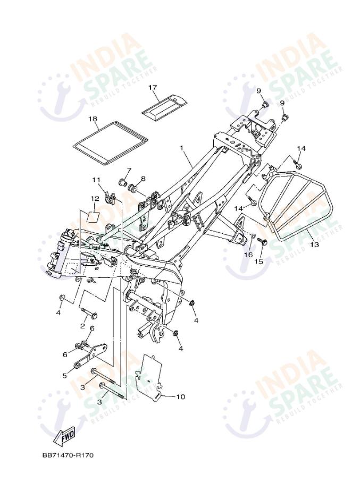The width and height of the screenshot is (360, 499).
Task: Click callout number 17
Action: (153, 87)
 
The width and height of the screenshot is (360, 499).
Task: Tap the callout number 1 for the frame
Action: (181, 148)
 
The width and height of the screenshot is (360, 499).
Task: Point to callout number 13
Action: (315, 245)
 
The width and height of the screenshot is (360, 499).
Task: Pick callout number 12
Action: (95, 199)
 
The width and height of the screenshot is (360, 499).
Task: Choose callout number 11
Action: (96, 180)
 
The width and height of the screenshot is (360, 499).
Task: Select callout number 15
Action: (259, 261)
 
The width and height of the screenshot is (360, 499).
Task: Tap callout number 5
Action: (65, 376)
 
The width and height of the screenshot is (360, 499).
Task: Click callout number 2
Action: (83, 325)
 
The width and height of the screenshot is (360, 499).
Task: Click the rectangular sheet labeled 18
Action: (110, 142)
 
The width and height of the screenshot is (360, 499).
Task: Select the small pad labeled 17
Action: (163, 106)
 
